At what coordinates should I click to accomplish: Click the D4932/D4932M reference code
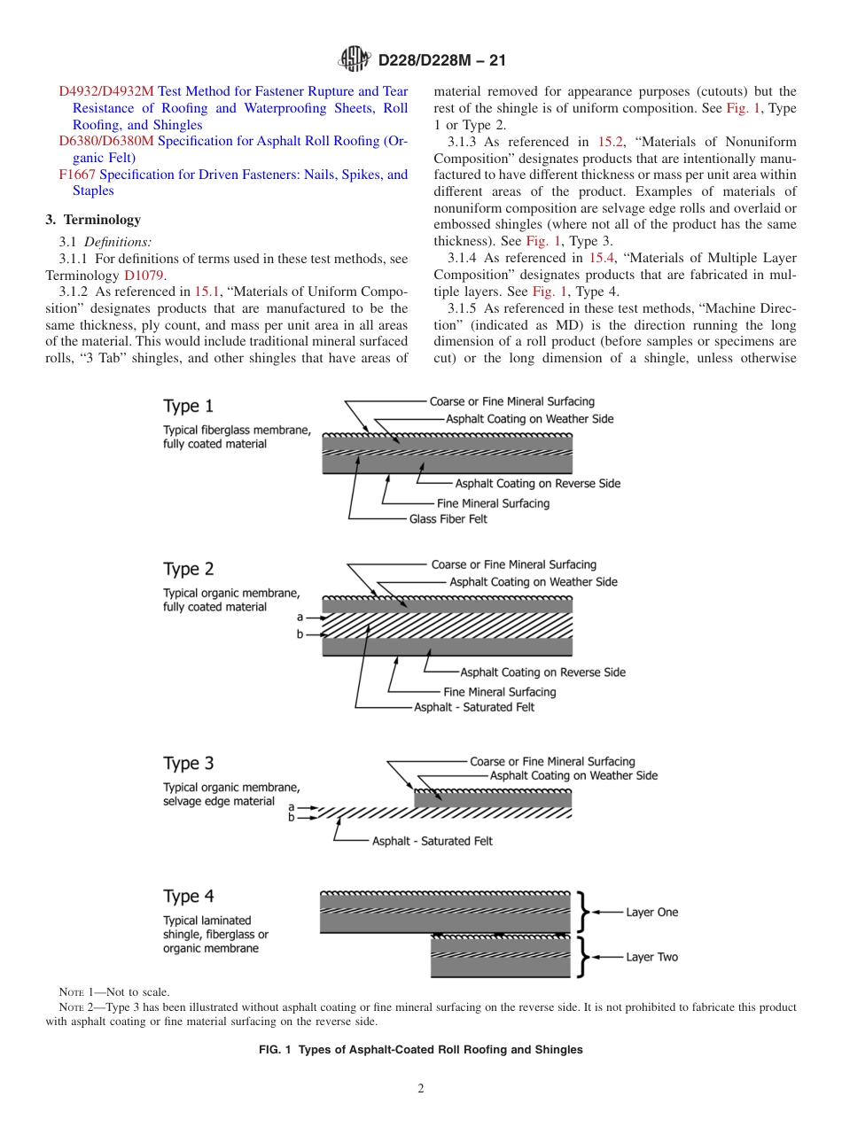(106, 91)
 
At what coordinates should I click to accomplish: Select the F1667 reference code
(77, 175)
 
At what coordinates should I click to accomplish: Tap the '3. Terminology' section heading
(93, 220)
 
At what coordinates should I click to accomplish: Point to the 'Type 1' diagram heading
(188, 407)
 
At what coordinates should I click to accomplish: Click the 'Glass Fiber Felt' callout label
(448, 519)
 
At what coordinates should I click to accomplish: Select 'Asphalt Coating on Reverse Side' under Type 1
(537, 484)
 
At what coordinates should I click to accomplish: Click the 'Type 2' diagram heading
(188, 569)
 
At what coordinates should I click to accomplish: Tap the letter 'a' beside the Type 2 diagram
(300, 616)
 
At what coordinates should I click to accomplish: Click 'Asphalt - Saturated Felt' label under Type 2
(474, 707)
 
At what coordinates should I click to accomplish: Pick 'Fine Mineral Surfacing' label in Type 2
(500, 691)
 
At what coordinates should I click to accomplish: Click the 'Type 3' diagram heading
(188, 763)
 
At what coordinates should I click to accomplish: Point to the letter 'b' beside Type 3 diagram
(291, 818)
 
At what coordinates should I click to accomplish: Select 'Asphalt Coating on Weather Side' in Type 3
(573, 775)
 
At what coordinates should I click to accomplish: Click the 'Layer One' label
(651, 912)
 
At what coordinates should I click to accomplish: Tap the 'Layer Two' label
(651, 957)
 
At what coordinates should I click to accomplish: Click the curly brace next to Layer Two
(582, 957)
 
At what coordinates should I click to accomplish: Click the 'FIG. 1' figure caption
(420, 1049)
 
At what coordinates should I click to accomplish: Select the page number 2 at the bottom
(421, 1089)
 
